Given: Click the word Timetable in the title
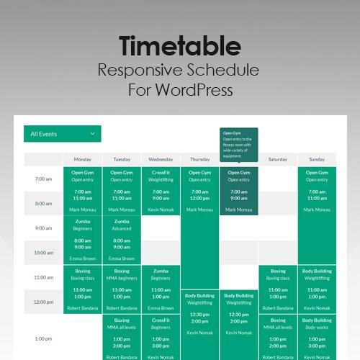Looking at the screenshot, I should click(x=180, y=47).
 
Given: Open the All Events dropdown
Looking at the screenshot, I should click(x=62, y=134).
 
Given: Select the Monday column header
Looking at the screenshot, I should click(x=83, y=159).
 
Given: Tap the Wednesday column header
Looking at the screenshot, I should click(x=161, y=159).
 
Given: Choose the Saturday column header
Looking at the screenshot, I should click(x=278, y=159).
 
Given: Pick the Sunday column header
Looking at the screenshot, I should click(x=317, y=159).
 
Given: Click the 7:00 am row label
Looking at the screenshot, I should click(x=43, y=179).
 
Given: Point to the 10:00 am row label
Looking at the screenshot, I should click(x=43, y=253).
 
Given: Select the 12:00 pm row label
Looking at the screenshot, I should click(x=43, y=302).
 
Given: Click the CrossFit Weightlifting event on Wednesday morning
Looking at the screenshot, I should click(x=161, y=191).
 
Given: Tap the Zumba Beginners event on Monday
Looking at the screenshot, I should click(x=83, y=240).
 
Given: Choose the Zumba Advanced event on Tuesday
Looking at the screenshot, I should click(x=122, y=240).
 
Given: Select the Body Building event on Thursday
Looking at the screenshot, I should click(x=199, y=314).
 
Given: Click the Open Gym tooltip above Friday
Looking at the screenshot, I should click(x=238, y=144).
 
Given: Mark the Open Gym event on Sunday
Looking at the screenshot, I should click(x=317, y=191).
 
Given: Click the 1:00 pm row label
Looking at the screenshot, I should click(x=43, y=338).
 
